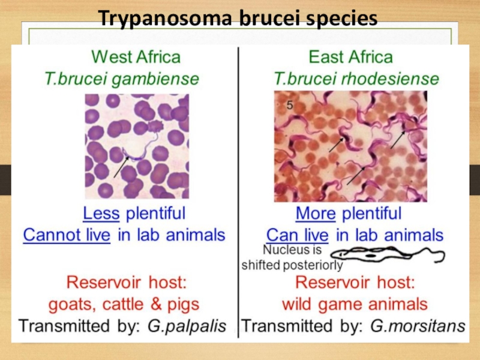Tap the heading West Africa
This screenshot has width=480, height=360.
pyautogui.click(x=136, y=58)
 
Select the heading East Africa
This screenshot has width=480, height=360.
pyautogui.click(x=350, y=58)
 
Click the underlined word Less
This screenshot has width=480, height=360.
pyautogui.click(x=101, y=213)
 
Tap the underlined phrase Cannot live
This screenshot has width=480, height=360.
pyautogui.click(x=67, y=235)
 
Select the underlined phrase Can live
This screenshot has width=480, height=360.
pyautogui.click(x=297, y=235)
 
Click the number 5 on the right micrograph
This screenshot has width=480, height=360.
pyautogui.click(x=290, y=104)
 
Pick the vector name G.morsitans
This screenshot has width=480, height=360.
pyautogui.click(x=418, y=326)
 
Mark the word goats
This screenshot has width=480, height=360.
pyautogui.click(x=69, y=304)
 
